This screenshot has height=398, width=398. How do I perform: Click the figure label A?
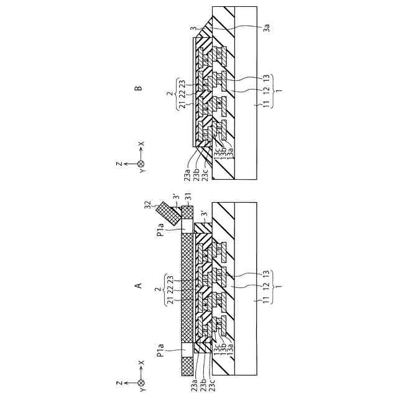click(x=139, y=285)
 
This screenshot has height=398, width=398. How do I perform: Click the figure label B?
click(x=139, y=88)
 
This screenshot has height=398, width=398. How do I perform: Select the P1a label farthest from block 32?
click(x=161, y=357)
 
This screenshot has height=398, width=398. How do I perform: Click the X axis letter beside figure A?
click(x=141, y=363)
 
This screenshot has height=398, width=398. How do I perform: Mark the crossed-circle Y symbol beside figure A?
click(x=141, y=381)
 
